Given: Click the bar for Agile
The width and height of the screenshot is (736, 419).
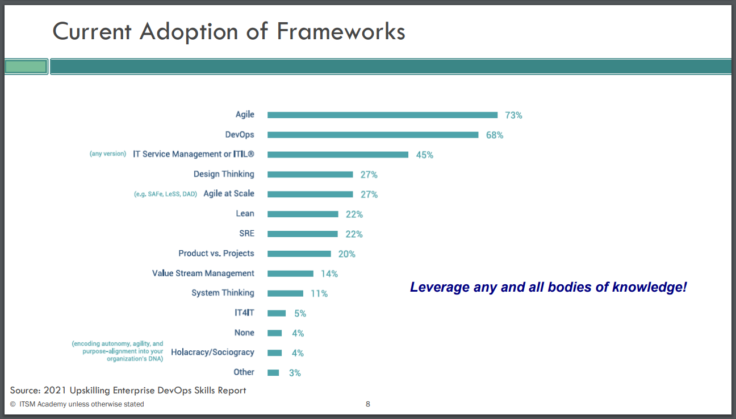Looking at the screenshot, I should [x=382, y=115].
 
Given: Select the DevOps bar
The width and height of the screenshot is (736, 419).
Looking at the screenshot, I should [x=373, y=135].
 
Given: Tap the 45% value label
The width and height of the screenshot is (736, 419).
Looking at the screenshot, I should [x=424, y=155].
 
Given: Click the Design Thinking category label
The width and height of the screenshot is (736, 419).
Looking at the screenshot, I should [x=224, y=174].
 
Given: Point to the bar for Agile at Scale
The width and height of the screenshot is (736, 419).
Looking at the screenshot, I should [x=310, y=194].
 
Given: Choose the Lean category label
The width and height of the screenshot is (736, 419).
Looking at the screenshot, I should [x=245, y=214].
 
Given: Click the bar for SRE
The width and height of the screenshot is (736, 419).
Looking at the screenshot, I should [x=302, y=234].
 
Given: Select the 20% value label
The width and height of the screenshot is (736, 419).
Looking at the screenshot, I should [x=346, y=254].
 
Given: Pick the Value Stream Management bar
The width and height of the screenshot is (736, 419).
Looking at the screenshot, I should [x=290, y=273].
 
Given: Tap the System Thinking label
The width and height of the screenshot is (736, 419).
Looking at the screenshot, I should [x=223, y=293].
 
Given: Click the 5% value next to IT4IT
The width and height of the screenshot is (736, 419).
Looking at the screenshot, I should [x=300, y=313].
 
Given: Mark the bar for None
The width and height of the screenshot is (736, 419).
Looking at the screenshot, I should [x=274, y=333].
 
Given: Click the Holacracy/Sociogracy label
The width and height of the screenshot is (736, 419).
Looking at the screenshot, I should [x=212, y=352].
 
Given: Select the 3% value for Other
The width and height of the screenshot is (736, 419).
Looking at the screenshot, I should [x=294, y=373].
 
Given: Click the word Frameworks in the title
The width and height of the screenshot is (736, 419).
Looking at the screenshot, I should [x=341, y=31].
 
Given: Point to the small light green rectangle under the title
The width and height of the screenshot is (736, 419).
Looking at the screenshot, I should [x=26, y=67].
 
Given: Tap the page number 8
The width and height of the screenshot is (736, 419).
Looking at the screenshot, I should [x=367, y=404].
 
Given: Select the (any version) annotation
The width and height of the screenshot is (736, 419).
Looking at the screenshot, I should [x=108, y=154].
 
